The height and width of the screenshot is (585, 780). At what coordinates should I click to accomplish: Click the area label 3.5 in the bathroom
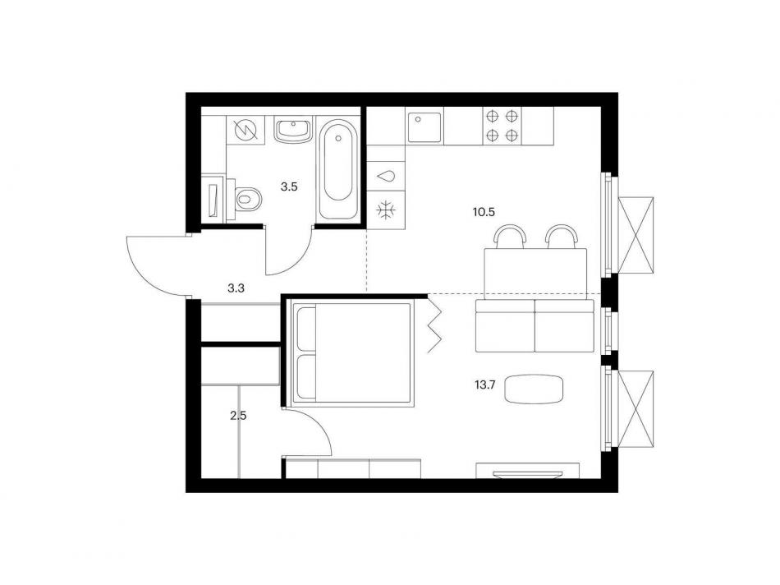(289, 187)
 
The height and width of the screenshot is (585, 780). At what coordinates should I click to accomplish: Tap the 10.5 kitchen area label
(484, 212)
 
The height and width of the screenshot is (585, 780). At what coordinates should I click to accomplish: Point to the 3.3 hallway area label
(236, 288)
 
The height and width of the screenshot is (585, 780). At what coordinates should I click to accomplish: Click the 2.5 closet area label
(238, 415)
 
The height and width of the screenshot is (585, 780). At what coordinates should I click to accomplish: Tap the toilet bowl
(248, 200)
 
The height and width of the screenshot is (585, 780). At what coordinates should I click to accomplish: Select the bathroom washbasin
(293, 131)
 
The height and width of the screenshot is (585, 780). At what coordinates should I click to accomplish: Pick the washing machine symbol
(245, 131)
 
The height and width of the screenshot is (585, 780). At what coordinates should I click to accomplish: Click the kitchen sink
(424, 128)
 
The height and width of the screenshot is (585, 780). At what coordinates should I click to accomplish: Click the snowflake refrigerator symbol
(386, 210)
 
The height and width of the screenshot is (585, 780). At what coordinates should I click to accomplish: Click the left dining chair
(511, 236)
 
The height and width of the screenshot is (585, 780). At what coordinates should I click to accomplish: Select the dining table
(535, 274)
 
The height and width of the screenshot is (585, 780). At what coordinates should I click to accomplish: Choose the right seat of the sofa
(565, 325)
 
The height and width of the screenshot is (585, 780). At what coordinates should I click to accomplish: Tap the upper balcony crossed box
(635, 234)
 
